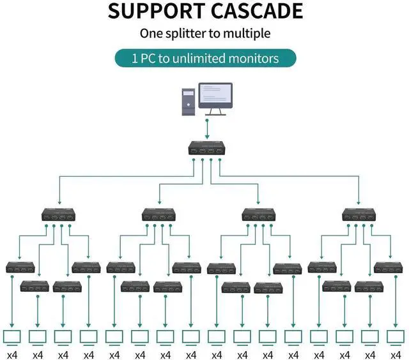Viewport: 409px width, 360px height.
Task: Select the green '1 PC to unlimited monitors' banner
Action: coord(205,58)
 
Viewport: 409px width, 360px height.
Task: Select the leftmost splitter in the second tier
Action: coord(58,215)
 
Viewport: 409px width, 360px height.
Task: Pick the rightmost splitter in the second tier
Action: coord(359,215)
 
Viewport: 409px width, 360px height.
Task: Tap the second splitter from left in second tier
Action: coord(158,215)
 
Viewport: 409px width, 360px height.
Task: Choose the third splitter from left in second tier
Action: coord(259,215)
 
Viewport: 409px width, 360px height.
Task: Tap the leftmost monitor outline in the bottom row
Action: coord(12,336)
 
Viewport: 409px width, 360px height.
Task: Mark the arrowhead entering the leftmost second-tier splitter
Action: coord(58,204)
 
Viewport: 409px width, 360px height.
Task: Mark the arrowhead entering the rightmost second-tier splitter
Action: coord(359,204)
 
